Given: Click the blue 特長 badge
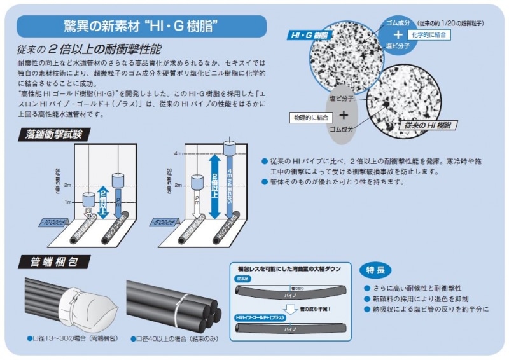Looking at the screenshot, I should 375,270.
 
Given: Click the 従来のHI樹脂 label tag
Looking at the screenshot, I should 426,125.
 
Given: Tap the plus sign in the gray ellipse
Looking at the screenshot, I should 344,115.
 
